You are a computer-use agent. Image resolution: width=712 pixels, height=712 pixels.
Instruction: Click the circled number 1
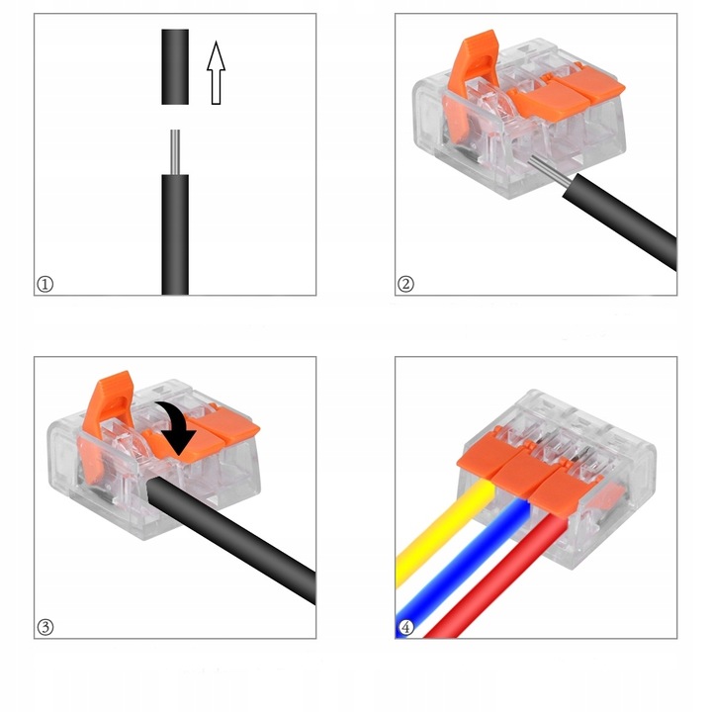coord(44,284)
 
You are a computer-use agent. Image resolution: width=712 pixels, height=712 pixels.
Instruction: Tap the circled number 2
coord(405,284)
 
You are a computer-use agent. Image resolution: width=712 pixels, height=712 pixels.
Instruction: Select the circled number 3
coord(44,628)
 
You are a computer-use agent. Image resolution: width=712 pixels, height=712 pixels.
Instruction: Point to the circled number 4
coord(405,628)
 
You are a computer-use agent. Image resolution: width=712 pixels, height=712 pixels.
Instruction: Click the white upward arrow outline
coord(217,72)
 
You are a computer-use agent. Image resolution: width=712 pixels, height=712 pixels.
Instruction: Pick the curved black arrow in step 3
coord(178,424)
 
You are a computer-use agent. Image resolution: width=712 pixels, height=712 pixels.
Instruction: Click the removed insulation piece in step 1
coord(175,67)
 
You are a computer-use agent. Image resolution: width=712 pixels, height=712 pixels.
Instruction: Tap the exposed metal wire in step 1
coord(175,152)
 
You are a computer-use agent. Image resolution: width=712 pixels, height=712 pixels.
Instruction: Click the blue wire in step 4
coord(463,568)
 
